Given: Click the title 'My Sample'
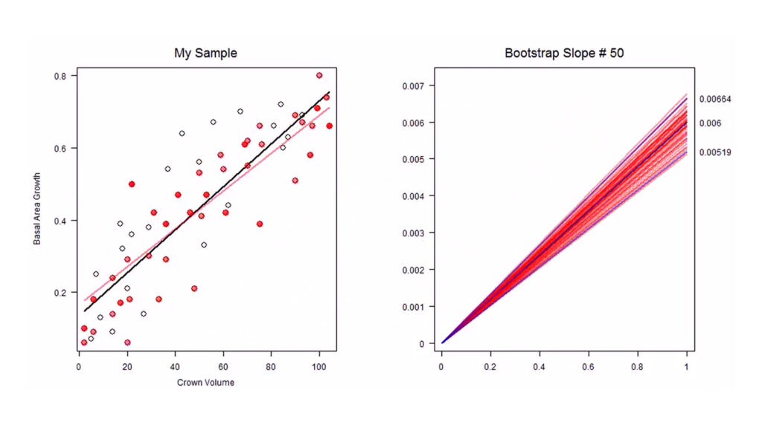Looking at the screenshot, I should tap(205, 53).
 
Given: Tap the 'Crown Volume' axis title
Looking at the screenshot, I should tap(205, 383).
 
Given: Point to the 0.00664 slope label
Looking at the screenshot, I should tap(714, 100).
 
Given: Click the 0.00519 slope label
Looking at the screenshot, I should tap(714, 153).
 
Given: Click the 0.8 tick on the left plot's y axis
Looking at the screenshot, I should tap(60, 76).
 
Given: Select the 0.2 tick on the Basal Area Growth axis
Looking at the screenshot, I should tap(60, 293).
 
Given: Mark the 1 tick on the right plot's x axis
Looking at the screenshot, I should tap(686, 365).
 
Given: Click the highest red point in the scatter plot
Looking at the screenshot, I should tap(319, 75).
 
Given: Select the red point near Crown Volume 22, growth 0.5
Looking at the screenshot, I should tap(132, 184).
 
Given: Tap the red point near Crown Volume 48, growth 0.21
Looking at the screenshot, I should tap(194, 288).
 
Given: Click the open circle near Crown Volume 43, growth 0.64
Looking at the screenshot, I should tap(182, 134).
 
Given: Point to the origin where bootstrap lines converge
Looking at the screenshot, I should tap(442, 343).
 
